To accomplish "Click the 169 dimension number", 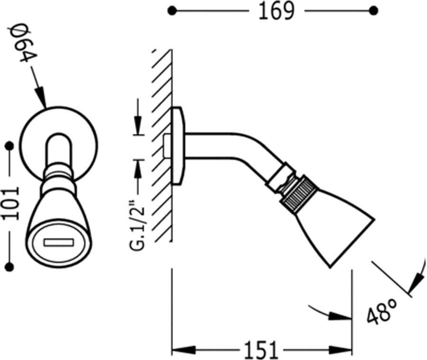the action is point(276,11).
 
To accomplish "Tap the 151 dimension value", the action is point(261,350).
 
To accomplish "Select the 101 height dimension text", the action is point(11,203).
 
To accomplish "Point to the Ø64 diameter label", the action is point(23,43).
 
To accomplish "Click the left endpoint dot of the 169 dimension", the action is point(172,11).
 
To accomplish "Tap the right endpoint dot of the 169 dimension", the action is point(373,11).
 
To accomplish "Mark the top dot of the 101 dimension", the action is point(9,146).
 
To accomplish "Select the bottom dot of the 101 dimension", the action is point(9,267).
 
